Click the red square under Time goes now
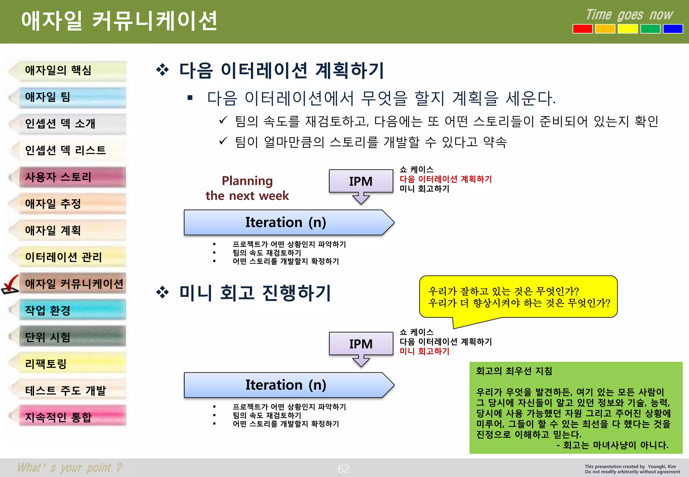tap(582, 29)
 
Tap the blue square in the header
tap(673, 29)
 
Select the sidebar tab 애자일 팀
tap(72, 97)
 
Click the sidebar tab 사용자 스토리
tap(72, 177)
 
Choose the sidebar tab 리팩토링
tap(72, 364)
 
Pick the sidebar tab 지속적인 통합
tap(72, 417)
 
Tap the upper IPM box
tap(361, 181)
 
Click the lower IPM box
tap(361, 344)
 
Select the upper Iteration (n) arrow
tap(286, 222)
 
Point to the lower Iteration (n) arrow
tap(286, 385)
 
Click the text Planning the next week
tap(247, 188)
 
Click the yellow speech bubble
tap(518, 297)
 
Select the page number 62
tap(343, 469)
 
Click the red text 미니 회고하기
tap(424, 352)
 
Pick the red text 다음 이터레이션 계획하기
tap(445, 179)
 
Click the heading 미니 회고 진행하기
tap(255, 293)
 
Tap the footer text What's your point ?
tap(70, 468)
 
